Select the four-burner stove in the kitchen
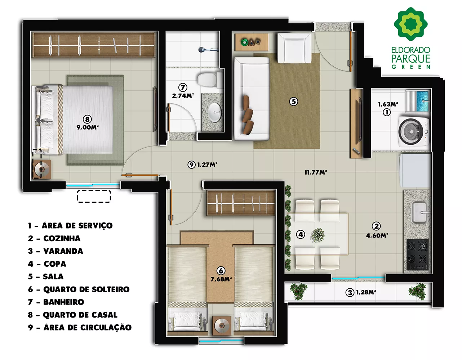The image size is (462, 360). coord(417,255)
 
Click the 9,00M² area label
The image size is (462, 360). coord(87,127)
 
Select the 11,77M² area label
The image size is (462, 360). coord(316,172)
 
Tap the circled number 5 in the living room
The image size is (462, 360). coord(293,102)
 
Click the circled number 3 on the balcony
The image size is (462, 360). coord(350,293)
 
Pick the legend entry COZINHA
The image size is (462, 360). coord(62,238)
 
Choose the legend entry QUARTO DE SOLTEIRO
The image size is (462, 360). coord(86,289)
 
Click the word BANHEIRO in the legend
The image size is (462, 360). coord(63,302)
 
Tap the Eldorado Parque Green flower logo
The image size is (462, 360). coord(410,24)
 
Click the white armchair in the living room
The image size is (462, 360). coord(294,48)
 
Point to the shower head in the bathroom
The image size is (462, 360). coord(208,50)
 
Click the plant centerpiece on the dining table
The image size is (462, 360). coord(317,235)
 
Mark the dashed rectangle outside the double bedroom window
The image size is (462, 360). coord(94,196)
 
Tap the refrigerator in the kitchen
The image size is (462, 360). coord(415,171)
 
